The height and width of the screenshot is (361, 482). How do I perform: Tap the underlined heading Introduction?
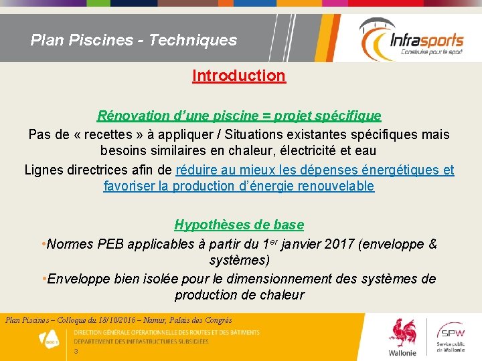[x=239, y=76]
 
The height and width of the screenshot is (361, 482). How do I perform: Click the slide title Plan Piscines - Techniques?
[x=134, y=40]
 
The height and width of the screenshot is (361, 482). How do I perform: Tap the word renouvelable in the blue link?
[x=337, y=186]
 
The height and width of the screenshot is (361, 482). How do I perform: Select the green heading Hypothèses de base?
[x=239, y=225]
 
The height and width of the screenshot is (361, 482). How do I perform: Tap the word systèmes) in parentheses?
[x=239, y=260]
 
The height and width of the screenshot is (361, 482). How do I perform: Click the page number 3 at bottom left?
[x=76, y=352]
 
